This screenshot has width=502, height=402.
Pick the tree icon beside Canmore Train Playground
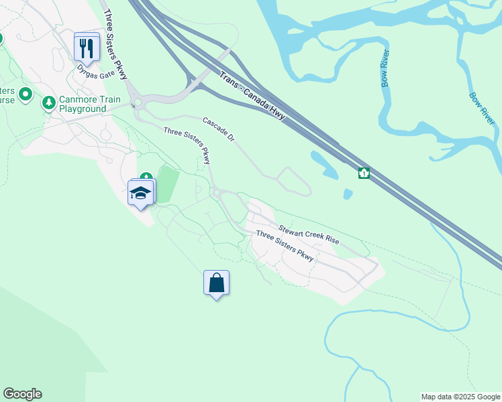(48, 103)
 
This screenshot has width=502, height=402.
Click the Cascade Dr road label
(218, 129)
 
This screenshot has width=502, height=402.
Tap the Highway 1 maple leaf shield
(364, 173)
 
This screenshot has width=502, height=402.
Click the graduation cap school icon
(140, 193)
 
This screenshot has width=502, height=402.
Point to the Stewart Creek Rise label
(309, 232)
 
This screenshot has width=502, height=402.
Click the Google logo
(22, 394)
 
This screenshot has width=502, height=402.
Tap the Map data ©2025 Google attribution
(460, 397)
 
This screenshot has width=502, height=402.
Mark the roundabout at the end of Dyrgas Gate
(139, 103)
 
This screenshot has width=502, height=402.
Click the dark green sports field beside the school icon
(166, 184)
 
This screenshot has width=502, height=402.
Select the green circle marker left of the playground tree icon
(26, 94)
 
